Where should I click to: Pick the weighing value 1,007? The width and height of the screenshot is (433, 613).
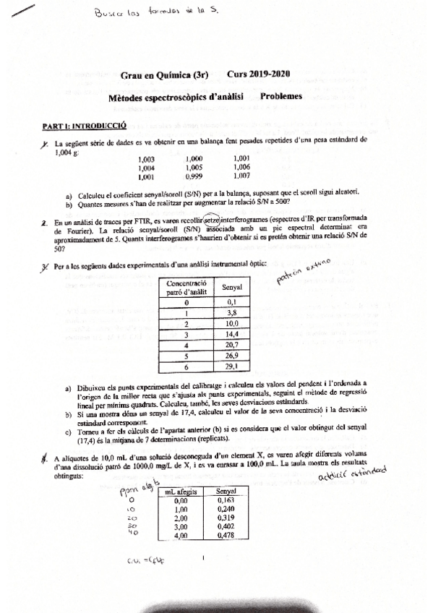[242, 175]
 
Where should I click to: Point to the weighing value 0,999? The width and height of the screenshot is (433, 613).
[193, 175]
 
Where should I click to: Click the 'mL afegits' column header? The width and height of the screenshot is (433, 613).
[181, 492]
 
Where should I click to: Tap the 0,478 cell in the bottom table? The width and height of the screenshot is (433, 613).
[226, 536]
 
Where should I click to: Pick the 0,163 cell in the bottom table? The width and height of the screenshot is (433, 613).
[226, 500]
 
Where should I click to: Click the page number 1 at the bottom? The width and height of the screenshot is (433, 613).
[205, 557]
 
